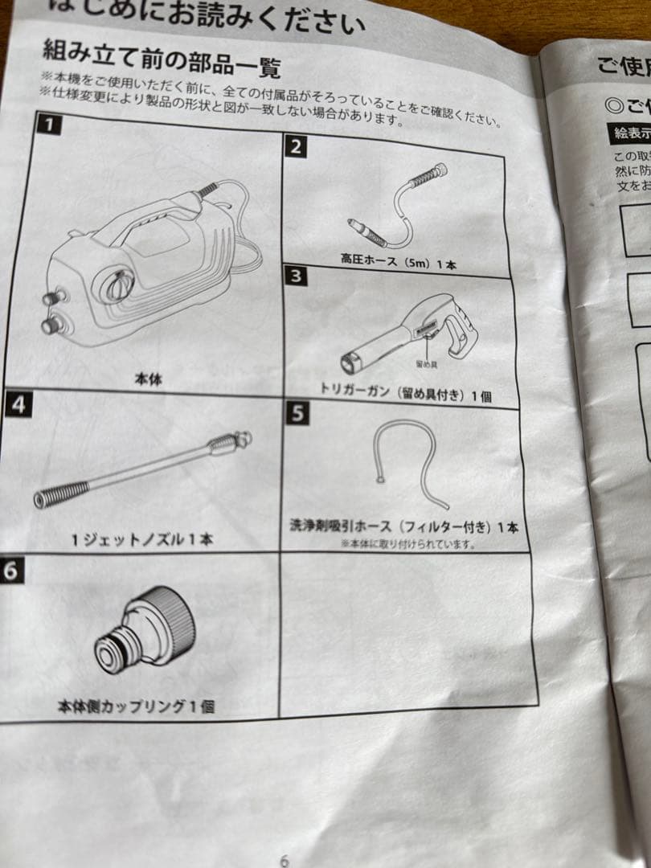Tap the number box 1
tap(49, 124)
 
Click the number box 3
tap(297, 276)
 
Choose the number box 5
tap(297, 413)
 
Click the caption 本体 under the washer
tap(148, 379)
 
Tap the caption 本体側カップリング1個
tap(136, 706)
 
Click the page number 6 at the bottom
tap(284, 860)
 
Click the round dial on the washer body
tap(117, 285)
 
